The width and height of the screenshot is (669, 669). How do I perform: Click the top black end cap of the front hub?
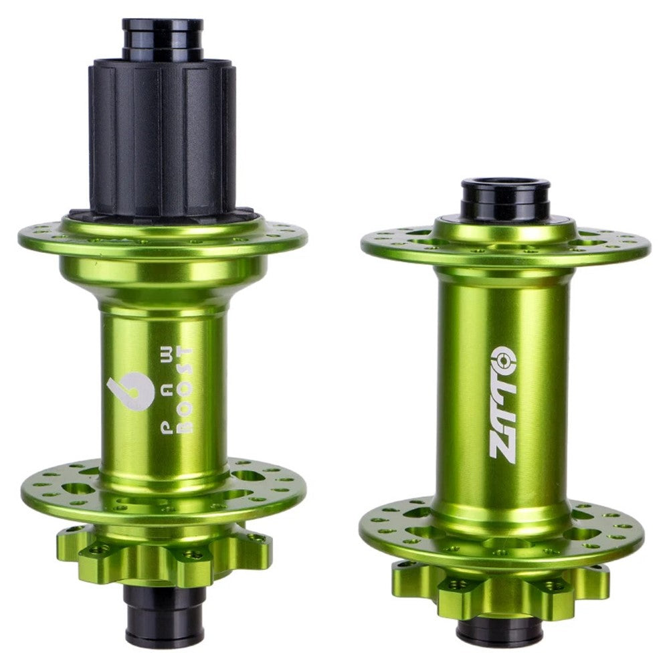[505, 198]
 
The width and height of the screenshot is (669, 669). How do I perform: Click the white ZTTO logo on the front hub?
[501, 401]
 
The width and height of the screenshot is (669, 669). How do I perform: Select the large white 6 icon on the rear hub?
[129, 391]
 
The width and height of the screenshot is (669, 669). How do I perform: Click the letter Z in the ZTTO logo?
[501, 445]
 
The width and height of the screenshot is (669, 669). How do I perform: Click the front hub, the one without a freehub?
[502, 401]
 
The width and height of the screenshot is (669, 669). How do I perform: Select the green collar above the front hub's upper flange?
[505, 227]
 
